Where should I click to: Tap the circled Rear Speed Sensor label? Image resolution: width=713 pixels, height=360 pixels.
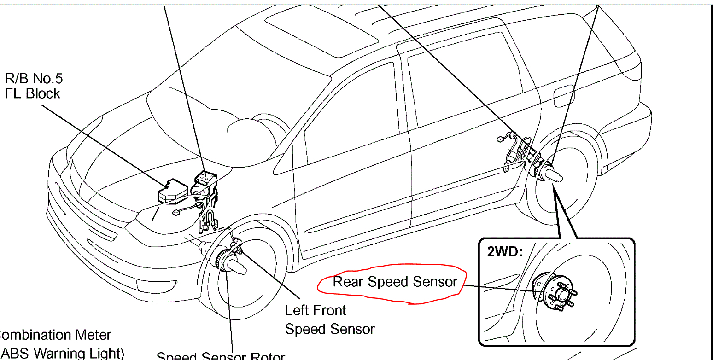(x=395, y=282)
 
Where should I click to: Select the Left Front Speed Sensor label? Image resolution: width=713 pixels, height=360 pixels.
(x=329, y=319)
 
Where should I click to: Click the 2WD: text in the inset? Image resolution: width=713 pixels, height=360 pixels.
(x=505, y=252)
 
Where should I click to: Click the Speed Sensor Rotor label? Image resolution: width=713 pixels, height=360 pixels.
(x=221, y=356)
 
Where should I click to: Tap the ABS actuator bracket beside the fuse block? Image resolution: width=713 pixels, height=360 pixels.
(x=205, y=177)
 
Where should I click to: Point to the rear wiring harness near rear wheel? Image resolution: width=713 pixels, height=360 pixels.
(x=516, y=147)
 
